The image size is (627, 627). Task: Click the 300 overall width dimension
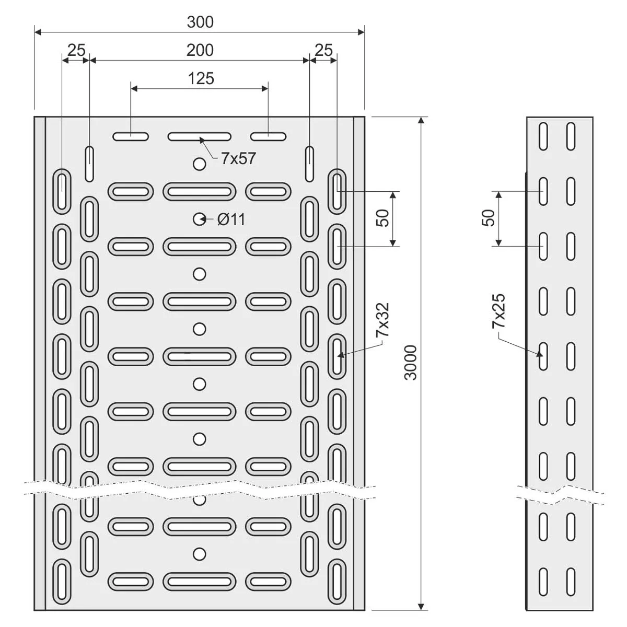point(200,22)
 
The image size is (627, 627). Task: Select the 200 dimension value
point(200,51)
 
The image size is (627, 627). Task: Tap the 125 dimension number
point(201,79)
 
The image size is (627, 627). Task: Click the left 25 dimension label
point(76,51)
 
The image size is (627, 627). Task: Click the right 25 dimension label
point(323,51)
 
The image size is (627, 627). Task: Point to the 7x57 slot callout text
point(238,159)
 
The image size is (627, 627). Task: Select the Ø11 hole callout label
point(231,219)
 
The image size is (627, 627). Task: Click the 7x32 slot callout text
point(382,320)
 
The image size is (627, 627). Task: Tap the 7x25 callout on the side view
point(498,311)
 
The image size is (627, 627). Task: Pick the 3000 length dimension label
point(411,363)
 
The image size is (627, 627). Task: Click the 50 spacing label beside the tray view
point(382,218)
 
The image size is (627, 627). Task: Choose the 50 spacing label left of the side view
point(488,218)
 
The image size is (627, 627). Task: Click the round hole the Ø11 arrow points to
point(199,219)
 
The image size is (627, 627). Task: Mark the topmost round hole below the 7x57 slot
point(199,164)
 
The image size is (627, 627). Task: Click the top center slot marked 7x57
point(199,137)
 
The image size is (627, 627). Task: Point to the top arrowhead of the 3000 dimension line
point(421,120)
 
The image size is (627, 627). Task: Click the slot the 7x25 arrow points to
point(543,356)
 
